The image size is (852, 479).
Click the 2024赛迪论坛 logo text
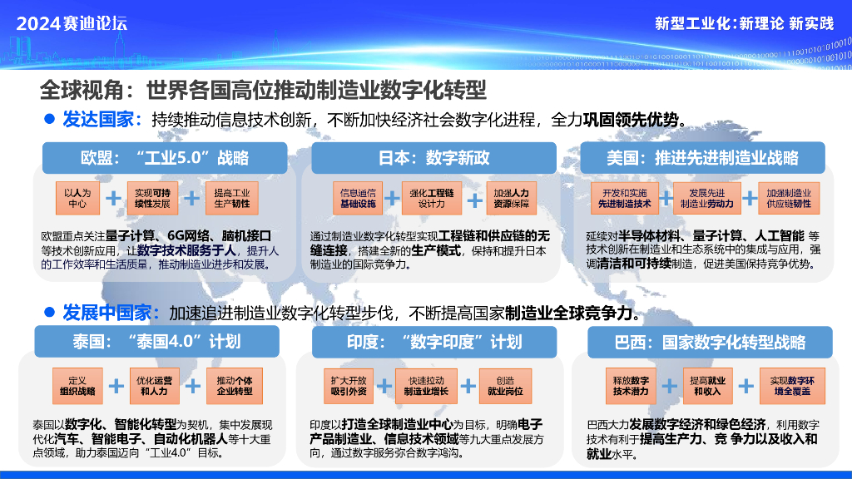[72, 22]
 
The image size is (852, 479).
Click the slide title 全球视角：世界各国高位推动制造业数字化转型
[263, 88]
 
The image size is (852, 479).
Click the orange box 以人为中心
[77, 198]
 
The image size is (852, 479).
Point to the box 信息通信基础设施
[357, 198]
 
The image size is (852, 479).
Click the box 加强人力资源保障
[509, 198]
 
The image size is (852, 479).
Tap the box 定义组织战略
[77, 385]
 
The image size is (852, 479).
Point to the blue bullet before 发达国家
[49, 119]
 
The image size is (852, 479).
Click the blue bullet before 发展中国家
[49, 312]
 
